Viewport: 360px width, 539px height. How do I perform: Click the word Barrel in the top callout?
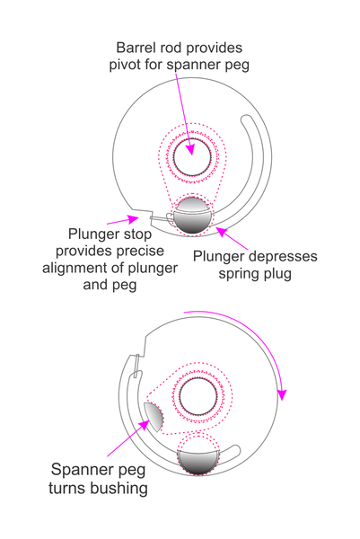130,48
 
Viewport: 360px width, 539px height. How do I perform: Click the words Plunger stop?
110,234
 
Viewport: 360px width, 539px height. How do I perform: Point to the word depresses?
283,256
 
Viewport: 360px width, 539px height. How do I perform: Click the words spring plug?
255,274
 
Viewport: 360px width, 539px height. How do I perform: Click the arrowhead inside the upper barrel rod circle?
190,149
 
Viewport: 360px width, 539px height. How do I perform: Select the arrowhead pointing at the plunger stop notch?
133,218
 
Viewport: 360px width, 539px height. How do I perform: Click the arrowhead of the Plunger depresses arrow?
222,232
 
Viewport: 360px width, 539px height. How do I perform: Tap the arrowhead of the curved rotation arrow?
282,394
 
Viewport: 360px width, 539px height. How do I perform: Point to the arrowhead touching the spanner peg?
145,424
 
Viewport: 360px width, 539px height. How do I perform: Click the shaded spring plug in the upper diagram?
192,216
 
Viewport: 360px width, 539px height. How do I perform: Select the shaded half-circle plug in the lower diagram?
198,462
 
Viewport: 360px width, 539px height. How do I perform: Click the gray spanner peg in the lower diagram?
154,416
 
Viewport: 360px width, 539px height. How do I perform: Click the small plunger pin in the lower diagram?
136,366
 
